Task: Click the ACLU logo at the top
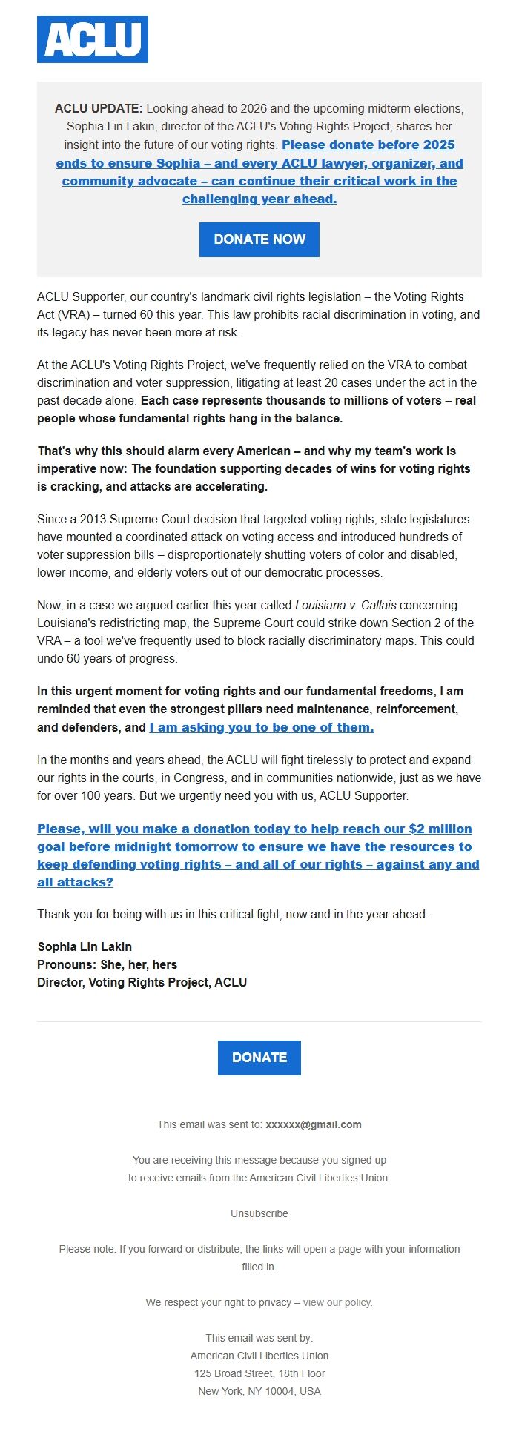pyautogui.click(x=93, y=39)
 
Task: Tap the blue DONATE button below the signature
pyautogui.click(x=259, y=1058)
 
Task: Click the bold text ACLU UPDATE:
pyautogui.click(x=99, y=109)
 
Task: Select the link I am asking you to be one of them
pyautogui.click(x=261, y=728)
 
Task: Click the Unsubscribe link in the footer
pyautogui.click(x=259, y=1213)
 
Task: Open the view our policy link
pyautogui.click(x=337, y=1302)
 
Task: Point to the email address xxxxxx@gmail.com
pyautogui.click(x=314, y=1124)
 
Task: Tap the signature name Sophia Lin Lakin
pyautogui.click(x=85, y=946)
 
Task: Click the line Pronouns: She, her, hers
pyautogui.click(x=107, y=964)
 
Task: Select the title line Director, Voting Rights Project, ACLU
pyautogui.click(x=142, y=982)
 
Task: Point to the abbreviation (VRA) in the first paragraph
pyautogui.click(x=73, y=315)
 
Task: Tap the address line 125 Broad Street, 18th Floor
pyautogui.click(x=259, y=1373)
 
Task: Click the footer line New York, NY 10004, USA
pyautogui.click(x=259, y=1391)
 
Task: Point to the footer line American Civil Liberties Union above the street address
pyautogui.click(x=259, y=1356)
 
